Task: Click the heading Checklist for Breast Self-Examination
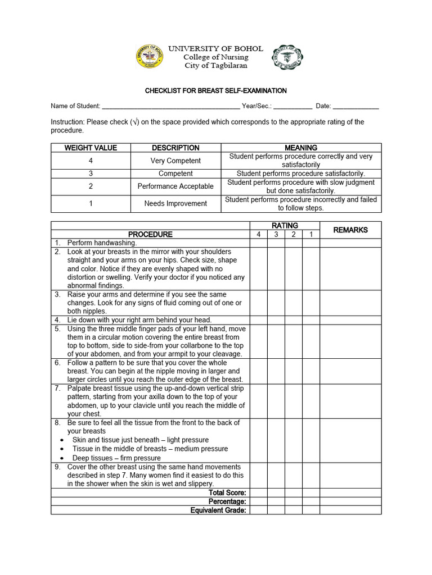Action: [216, 90]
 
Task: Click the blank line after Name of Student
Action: [171, 106]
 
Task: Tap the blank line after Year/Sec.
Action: [293, 106]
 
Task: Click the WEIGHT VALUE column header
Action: [91, 148]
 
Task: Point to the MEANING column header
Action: [301, 148]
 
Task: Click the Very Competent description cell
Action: [175, 161]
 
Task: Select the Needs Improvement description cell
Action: [175, 203]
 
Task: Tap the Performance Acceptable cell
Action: [175, 186]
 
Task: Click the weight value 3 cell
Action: [91, 174]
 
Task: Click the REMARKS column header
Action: [350, 230]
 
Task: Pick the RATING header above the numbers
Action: [285, 225]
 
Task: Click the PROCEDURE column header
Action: [150, 234]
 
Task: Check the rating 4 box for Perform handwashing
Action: [258, 243]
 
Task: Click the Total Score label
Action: [227, 492]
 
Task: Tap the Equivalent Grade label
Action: [218, 510]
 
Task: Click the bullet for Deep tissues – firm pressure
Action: [61, 458]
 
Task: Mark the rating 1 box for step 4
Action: [311, 320]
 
